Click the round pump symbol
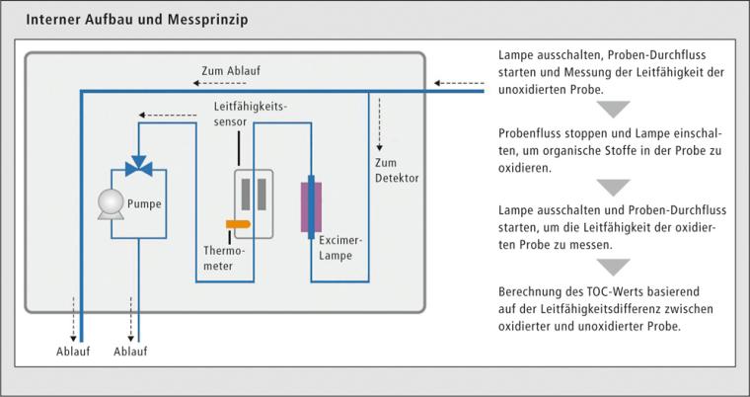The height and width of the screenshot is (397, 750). [x=110, y=202]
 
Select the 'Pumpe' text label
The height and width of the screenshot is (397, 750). [x=145, y=204]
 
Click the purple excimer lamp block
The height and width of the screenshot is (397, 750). [x=312, y=202]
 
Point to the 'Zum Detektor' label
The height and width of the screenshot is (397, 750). [x=397, y=171]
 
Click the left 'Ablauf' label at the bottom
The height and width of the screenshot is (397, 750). [x=71, y=351]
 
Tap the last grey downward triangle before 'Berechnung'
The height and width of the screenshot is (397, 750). [x=614, y=267]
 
